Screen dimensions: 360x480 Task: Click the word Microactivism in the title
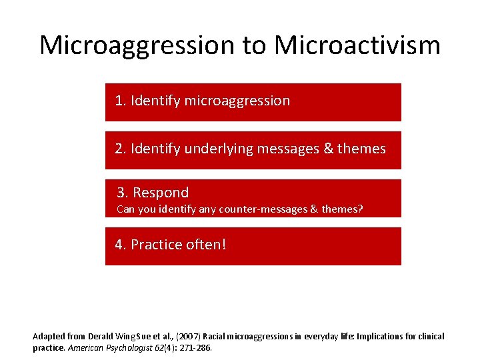[357, 45]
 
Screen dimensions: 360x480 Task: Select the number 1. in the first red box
[121, 101]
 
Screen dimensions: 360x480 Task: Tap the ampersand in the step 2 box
[328, 149]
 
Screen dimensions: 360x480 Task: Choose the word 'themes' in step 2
[361, 149]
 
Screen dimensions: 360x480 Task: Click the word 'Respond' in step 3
[161, 193]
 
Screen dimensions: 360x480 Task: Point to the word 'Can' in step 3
[125, 209]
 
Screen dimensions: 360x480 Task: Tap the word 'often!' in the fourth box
[206, 245]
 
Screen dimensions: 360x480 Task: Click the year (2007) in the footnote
[186, 337]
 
